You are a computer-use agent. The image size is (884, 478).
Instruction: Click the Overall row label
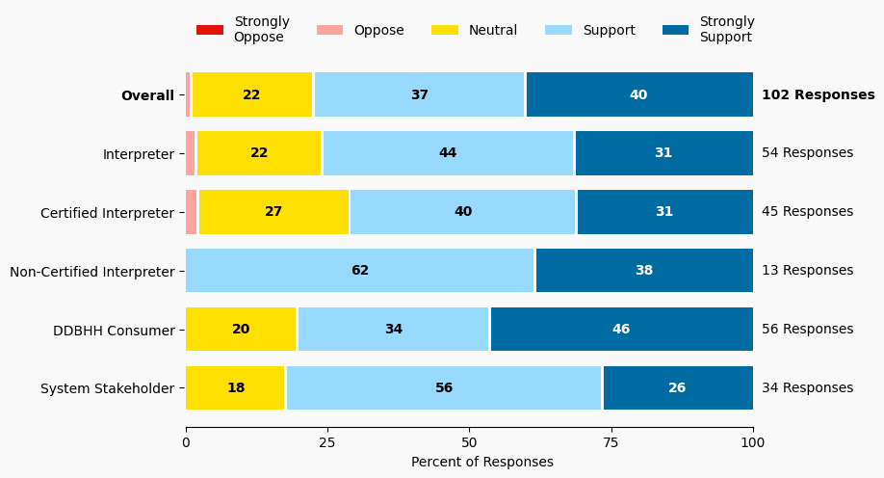[147, 95]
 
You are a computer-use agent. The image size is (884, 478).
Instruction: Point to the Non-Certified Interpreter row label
[92, 271]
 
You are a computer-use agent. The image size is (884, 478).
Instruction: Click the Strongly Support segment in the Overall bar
[639, 94]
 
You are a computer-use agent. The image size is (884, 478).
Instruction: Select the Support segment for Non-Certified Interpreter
[360, 270]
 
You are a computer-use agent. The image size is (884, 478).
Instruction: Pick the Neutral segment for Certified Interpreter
[273, 212]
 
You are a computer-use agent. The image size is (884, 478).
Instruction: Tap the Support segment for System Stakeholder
[444, 387]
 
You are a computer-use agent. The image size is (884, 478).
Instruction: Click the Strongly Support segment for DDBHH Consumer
[621, 330]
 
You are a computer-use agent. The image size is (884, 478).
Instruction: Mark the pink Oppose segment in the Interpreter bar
[191, 153]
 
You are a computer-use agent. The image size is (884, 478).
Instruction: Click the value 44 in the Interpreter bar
[448, 153]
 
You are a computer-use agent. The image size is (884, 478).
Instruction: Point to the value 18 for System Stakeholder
[236, 387]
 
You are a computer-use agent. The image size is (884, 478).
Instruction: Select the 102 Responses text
[818, 95]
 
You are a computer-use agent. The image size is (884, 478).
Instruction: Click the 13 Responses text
[807, 271]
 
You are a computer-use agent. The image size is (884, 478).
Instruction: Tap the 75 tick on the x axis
[611, 442]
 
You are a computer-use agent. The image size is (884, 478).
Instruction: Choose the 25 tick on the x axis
[327, 442]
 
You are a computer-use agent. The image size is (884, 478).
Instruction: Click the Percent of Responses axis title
[481, 463]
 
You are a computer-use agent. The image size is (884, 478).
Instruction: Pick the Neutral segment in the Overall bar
[252, 94]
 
